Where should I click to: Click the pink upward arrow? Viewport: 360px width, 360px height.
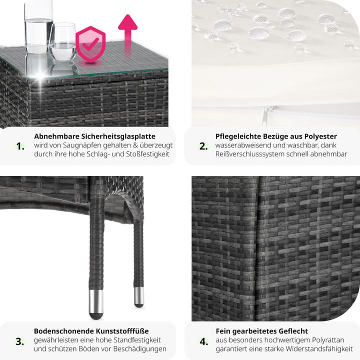click(127, 34)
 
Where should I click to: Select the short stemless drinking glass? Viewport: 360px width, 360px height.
click(62, 42)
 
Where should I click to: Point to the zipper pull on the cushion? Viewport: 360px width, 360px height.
click(265, 116)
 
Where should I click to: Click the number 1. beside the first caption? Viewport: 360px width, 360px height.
click(20, 146)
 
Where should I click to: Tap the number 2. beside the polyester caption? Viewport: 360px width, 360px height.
click(203, 146)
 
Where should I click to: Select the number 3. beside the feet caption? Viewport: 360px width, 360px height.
click(20, 341)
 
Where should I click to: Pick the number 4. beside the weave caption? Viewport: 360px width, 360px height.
click(204, 341)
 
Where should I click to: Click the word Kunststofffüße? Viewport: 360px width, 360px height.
click(122, 331)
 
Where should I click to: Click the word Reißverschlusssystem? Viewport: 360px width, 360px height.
click(260, 154)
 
